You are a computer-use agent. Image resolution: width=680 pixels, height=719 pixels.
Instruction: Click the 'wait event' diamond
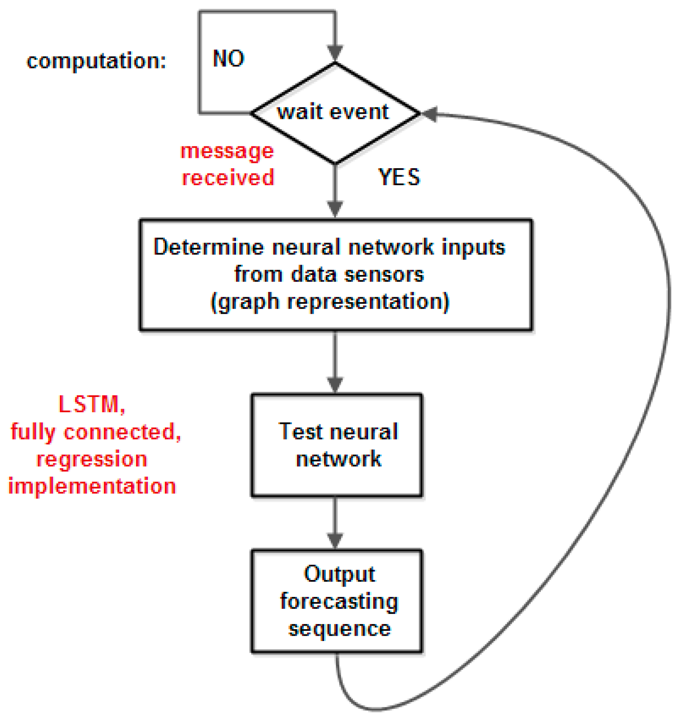(335, 113)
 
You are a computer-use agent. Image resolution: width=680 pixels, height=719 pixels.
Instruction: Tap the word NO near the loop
(228, 58)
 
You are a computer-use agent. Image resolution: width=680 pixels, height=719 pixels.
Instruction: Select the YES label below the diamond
(399, 177)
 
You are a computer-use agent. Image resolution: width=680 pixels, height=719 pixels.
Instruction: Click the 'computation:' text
(96, 60)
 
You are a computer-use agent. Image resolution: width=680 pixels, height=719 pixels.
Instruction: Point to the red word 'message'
(227, 151)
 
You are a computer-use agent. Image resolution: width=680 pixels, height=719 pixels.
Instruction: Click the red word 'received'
(228, 178)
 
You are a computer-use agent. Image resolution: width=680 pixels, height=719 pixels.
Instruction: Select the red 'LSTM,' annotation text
(92, 404)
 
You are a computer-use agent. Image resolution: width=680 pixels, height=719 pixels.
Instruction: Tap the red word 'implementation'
(92, 486)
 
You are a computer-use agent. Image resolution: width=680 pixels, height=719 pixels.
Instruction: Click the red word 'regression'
(92, 459)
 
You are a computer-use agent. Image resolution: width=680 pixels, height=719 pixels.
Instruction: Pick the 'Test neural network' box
(336, 445)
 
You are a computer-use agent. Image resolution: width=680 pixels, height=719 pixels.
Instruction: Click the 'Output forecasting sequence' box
(336, 601)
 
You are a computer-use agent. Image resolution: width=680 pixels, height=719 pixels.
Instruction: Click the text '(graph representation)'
(330, 302)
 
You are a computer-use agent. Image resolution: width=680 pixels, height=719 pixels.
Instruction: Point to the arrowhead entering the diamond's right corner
(430, 114)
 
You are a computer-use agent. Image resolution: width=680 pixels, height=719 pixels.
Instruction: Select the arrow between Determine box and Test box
(335, 362)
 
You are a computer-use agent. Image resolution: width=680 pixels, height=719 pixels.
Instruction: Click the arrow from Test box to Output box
(335, 523)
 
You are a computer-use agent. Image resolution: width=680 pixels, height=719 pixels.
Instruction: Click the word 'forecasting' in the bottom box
(339, 602)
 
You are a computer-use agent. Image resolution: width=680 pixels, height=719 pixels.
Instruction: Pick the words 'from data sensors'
(329, 275)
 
